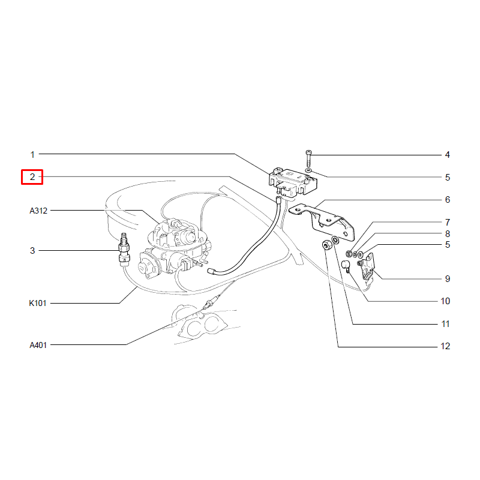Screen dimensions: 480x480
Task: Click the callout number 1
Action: point(32,155)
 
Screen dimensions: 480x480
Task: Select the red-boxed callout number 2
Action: point(32,177)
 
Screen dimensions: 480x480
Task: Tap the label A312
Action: point(38,211)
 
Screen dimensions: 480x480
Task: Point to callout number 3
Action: point(32,251)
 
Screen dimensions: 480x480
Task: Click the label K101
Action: point(38,303)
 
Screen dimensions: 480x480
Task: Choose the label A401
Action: point(38,345)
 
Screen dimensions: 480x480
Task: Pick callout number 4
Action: point(447,155)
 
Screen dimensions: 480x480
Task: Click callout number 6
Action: point(447,200)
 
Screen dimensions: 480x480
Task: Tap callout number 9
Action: point(447,279)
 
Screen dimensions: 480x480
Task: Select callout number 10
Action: point(445,301)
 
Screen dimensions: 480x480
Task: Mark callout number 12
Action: point(445,346)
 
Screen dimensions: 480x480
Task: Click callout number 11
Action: point(445,324)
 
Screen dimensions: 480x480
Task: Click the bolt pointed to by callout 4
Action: point(308,158)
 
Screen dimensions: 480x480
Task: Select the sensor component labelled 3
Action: point(124,248)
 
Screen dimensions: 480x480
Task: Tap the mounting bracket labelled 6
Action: point(322,221)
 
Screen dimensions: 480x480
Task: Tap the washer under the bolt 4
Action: point(308,170)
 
